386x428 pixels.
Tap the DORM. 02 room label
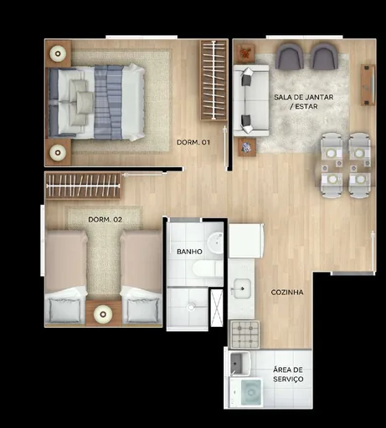coord(105,220)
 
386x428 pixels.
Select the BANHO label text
coord(188,251)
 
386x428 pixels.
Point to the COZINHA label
coord(286,293)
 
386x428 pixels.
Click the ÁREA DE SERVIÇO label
coord(288,374)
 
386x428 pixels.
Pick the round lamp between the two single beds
coord(103,313)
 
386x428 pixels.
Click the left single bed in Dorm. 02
coord(65,276)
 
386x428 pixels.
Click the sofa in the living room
coord(249,99)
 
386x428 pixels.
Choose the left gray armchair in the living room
coord(290,57)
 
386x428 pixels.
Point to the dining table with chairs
coord(344,165)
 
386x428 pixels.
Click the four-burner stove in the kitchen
coord(244,334)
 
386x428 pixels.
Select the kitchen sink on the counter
coord(241,288)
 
